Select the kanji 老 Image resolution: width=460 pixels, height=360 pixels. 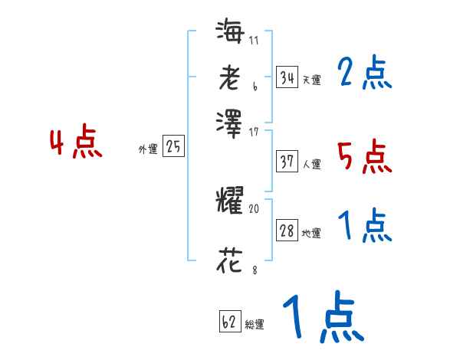pyautogui.click(x=229, y=77)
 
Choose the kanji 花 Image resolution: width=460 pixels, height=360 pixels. pyautogui.click(x=229, y=260)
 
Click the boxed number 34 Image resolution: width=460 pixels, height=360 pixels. pyautogui.click(x=287, y=77)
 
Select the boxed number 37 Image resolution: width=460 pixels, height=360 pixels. pyautogui.click(x=287, y=162)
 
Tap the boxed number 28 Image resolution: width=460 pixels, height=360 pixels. pyautogui.click(x=287, y=231)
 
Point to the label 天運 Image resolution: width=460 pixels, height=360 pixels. pyautogui.click(x=311, y=80)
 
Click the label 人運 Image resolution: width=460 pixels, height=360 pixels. pyautogui.click(x=311, y=164)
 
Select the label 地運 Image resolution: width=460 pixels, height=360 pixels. pyautogui.click(x=311, y=234)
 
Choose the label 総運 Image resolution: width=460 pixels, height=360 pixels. pyautogui.click(x=255, y=325)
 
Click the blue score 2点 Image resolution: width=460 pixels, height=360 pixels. pyautogui.click(x=364, y=74)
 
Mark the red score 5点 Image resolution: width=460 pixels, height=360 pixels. pyautogui.click(x=364, y=157)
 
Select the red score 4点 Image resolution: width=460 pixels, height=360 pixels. pyautogui.click(x=76, y=143)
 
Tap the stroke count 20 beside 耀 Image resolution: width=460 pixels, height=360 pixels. pyautogui.click(x=255, y=208)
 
